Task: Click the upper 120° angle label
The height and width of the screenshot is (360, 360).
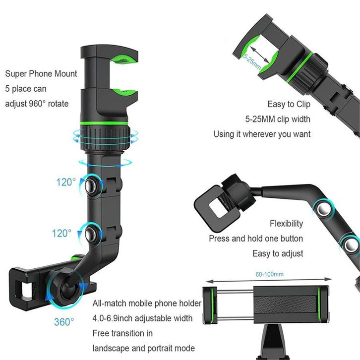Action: click(x=66, y=182)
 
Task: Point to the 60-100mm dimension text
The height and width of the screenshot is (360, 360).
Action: click(x=270, y=274)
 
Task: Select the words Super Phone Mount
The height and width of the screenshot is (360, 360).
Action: click(x=41, y=74)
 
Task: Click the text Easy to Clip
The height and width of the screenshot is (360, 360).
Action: click(x=289, y=104)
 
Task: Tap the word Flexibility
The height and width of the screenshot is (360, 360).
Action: click(x=286, y=224)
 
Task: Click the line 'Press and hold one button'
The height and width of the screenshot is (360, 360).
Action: click(x=256, y=239)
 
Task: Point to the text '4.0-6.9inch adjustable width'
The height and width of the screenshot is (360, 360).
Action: click(x=143, y=318)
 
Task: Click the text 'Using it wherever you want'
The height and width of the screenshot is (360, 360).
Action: click(x=262, y=134)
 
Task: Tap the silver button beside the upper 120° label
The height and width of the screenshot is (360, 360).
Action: click(x=91, y=185)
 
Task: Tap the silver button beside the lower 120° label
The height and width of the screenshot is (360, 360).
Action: click(x=92, y=233)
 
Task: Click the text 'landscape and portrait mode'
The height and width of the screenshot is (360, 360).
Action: click(x=144, y=348)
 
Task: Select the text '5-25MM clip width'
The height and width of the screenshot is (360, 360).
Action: click(x=278, y=119)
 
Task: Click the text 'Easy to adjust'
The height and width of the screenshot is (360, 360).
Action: click(x=278, y=253)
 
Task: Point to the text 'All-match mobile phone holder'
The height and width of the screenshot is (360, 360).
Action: click(x=147, y=303)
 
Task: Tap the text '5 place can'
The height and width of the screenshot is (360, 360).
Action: click(x=25, y=89)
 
